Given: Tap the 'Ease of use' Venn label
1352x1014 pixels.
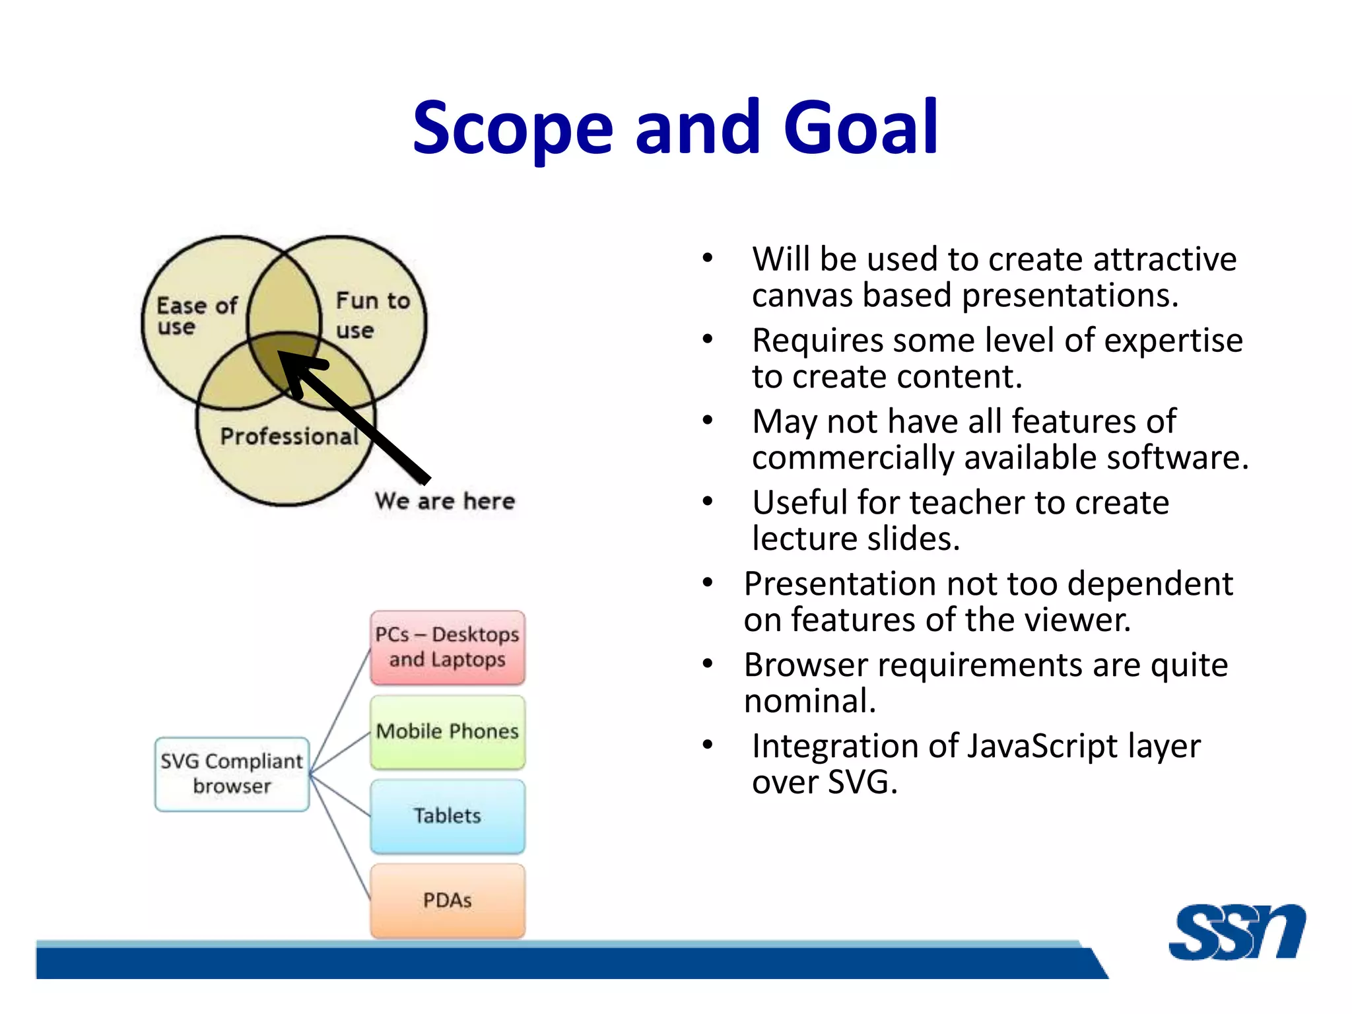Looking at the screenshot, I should click(x=196, y=316).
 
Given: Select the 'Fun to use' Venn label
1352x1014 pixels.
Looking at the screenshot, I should click(x=372, y=314).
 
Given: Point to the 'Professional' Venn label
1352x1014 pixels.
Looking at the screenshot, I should click(x=288, y=436).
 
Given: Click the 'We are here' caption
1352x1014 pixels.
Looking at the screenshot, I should click(x=444, y=500).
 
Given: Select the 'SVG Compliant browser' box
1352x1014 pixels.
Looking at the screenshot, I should click(x=232, y=774).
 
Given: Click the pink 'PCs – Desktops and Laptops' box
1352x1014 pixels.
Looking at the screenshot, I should click(x=448, y=647).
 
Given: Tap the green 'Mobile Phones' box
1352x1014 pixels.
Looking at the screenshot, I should click(x=448, y=731).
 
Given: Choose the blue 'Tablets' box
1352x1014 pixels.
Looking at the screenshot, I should click(x=448, y=816).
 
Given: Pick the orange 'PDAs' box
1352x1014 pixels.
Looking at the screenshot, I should click(x=448, y=900).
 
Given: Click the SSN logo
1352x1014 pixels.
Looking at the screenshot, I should click(x=1236, y=931).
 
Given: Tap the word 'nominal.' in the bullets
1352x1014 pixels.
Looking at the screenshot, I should click(x=809, y=701).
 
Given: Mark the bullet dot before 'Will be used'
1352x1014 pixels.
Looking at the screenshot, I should click(x=708, y=258).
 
